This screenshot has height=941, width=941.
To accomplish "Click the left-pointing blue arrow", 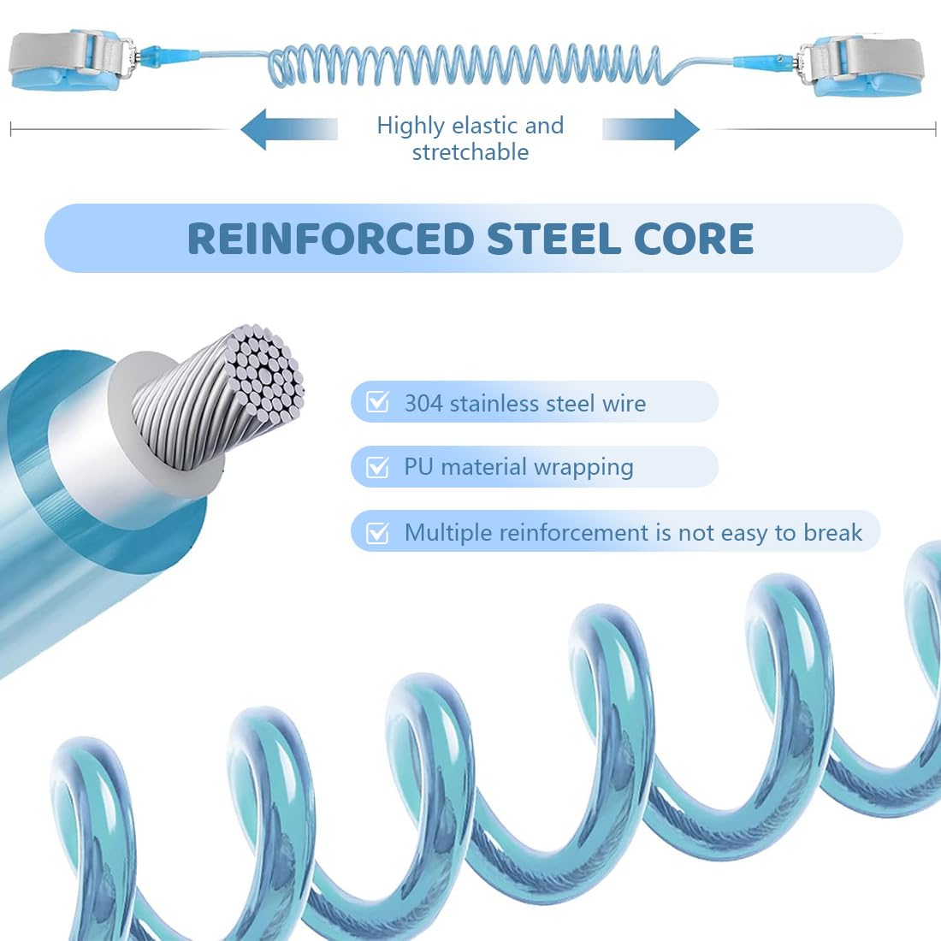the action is pyautogui.click(x=288, y=129).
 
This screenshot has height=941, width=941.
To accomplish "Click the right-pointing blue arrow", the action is pyautogui.click(x=650, y=129).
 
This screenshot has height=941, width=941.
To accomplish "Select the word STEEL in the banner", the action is pyautogui.click(x=553, y=239).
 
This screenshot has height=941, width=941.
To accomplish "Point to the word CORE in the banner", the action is pyautogui.click(x=693, y=239).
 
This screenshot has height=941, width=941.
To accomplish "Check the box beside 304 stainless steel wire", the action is pyautogui.click(x=377, y=401).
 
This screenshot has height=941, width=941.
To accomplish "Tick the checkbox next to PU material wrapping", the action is pyautogui.click(x=377, y=466).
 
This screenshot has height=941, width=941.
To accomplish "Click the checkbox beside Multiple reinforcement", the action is pyautogui.click(x=377, y=532).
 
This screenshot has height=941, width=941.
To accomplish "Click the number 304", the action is pyautogui.click(x=423, y=403).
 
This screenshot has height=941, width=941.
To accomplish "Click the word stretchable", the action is pyautogui.click(x=470, y=151).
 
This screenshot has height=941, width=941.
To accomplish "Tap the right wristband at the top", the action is pyautogui.click(x=863, y=65).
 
